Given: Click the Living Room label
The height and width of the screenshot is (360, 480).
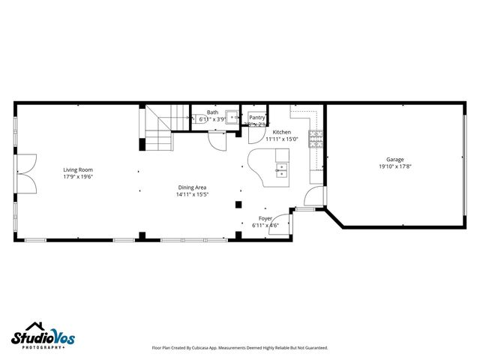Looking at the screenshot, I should tap(77, 169).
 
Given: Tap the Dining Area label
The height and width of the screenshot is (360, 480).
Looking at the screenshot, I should tap(192, 187).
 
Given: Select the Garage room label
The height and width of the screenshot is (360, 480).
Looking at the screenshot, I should tap(394, 160).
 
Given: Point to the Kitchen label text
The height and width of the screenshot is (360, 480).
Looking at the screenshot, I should tap(281, 132).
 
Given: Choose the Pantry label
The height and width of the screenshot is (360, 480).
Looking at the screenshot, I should tap(257, 118).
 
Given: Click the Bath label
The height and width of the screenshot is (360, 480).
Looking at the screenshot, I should tap(213, 112).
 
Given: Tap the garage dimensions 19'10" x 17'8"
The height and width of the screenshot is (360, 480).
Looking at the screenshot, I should tap(394, 166).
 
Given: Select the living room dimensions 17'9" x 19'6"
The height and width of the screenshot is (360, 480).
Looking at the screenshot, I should tap(77, 177).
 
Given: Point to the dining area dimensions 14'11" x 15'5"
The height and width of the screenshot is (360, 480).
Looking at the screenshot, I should tap(192, 194).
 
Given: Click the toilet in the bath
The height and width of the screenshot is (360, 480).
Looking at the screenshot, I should tap(203, 118).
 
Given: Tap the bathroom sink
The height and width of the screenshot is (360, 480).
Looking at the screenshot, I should tap(232, 117).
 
